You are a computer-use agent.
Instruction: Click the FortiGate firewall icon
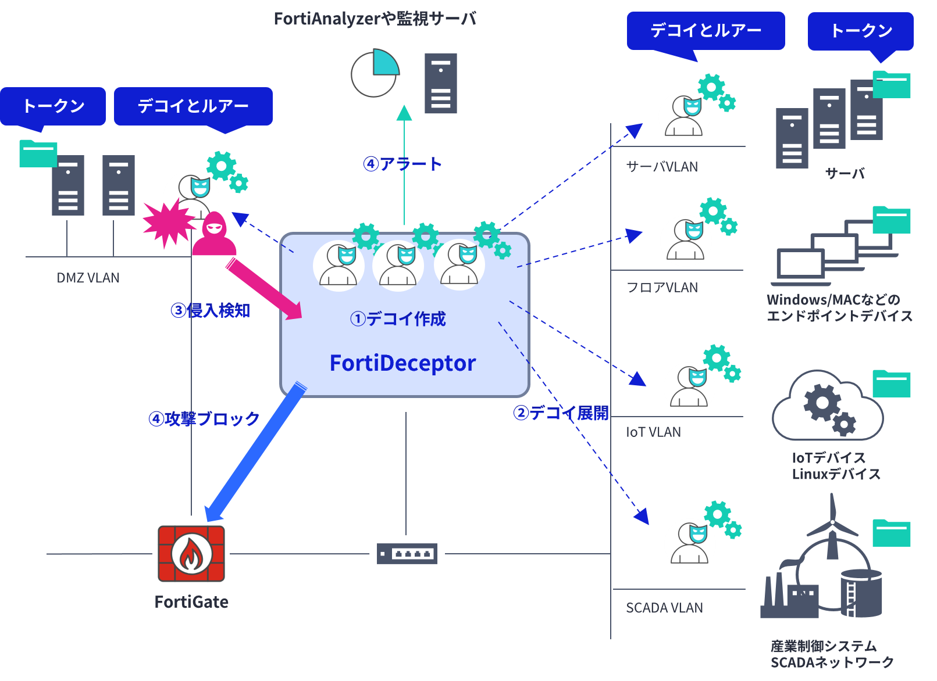click(x=191, y=554)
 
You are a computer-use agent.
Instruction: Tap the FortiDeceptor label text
click(x=402, y=363)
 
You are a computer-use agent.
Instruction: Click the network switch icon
click(x=407, y=554)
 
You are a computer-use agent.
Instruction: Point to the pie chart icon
click(x=375, y=74)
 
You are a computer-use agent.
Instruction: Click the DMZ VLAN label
click(x=88, y=278)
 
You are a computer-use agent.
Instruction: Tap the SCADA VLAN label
click(x=664, y=608)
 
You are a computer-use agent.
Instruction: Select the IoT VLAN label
click(x=653, y=432)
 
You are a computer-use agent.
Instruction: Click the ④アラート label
click(x=402, y=164)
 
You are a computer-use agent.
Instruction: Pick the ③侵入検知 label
click(x=210, y=311)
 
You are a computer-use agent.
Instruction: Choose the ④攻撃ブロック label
click(x=204, y=418)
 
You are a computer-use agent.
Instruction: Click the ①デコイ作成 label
click(x=398, y=318)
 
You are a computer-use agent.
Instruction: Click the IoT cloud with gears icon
click(x=828, y=407)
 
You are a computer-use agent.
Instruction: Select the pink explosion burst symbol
click(x=168, y=224)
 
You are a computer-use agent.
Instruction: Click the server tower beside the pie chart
click(x=440, y=83)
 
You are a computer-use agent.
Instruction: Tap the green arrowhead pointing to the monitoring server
click(x=404, y=113)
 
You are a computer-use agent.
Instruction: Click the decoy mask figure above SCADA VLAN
click(x=690, y=543)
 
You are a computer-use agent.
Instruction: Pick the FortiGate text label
click(x=191, y=602)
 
